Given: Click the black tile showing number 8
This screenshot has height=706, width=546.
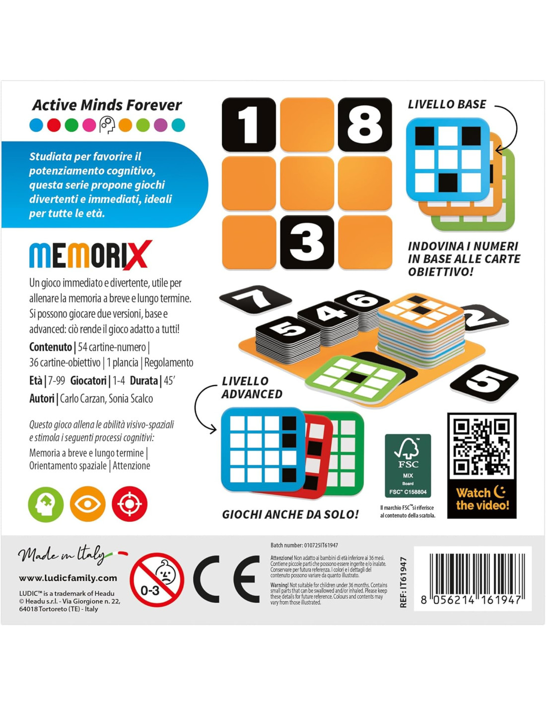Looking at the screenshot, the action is [365, 125].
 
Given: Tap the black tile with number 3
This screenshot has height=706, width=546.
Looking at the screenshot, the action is [307, 242].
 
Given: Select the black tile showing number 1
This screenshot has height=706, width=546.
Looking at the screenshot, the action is [249, 125].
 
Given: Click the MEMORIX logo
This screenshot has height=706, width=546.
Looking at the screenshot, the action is [91, 254].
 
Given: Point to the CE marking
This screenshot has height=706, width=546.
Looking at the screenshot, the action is [226, 579].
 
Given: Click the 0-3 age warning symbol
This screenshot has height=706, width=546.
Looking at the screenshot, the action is [157, 580].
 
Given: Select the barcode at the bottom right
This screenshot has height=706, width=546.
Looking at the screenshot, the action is [473, 578].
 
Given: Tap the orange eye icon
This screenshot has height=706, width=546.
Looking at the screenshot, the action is [88, 504].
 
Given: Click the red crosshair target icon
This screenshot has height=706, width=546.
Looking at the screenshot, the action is [130, 504].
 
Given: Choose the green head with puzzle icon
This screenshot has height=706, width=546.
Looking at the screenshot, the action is [46, 504].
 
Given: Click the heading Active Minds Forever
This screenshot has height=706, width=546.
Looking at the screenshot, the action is [107, 105].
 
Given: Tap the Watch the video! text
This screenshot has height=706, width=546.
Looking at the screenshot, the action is [482, 498].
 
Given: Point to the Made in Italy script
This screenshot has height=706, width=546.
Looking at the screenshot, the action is [62, 556].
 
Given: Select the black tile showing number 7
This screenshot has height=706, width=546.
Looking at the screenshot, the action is [255, 299].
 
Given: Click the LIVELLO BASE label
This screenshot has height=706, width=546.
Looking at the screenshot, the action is [447, 104].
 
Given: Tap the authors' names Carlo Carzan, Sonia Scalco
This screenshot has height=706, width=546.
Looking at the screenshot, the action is [106, 399].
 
